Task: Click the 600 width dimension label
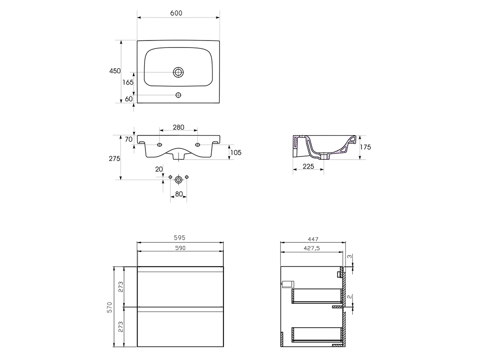coord(176,13)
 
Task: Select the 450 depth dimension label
coord(115,71)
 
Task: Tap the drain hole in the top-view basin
coord(178,72)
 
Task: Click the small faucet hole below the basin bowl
coord(178,95)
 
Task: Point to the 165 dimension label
coord(128,82)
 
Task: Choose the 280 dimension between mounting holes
coord(179,127)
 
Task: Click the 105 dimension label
coord(236,152)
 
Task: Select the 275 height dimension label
coord(115,159)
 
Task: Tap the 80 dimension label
coord(179,194)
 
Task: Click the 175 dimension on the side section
coord(365,147)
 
